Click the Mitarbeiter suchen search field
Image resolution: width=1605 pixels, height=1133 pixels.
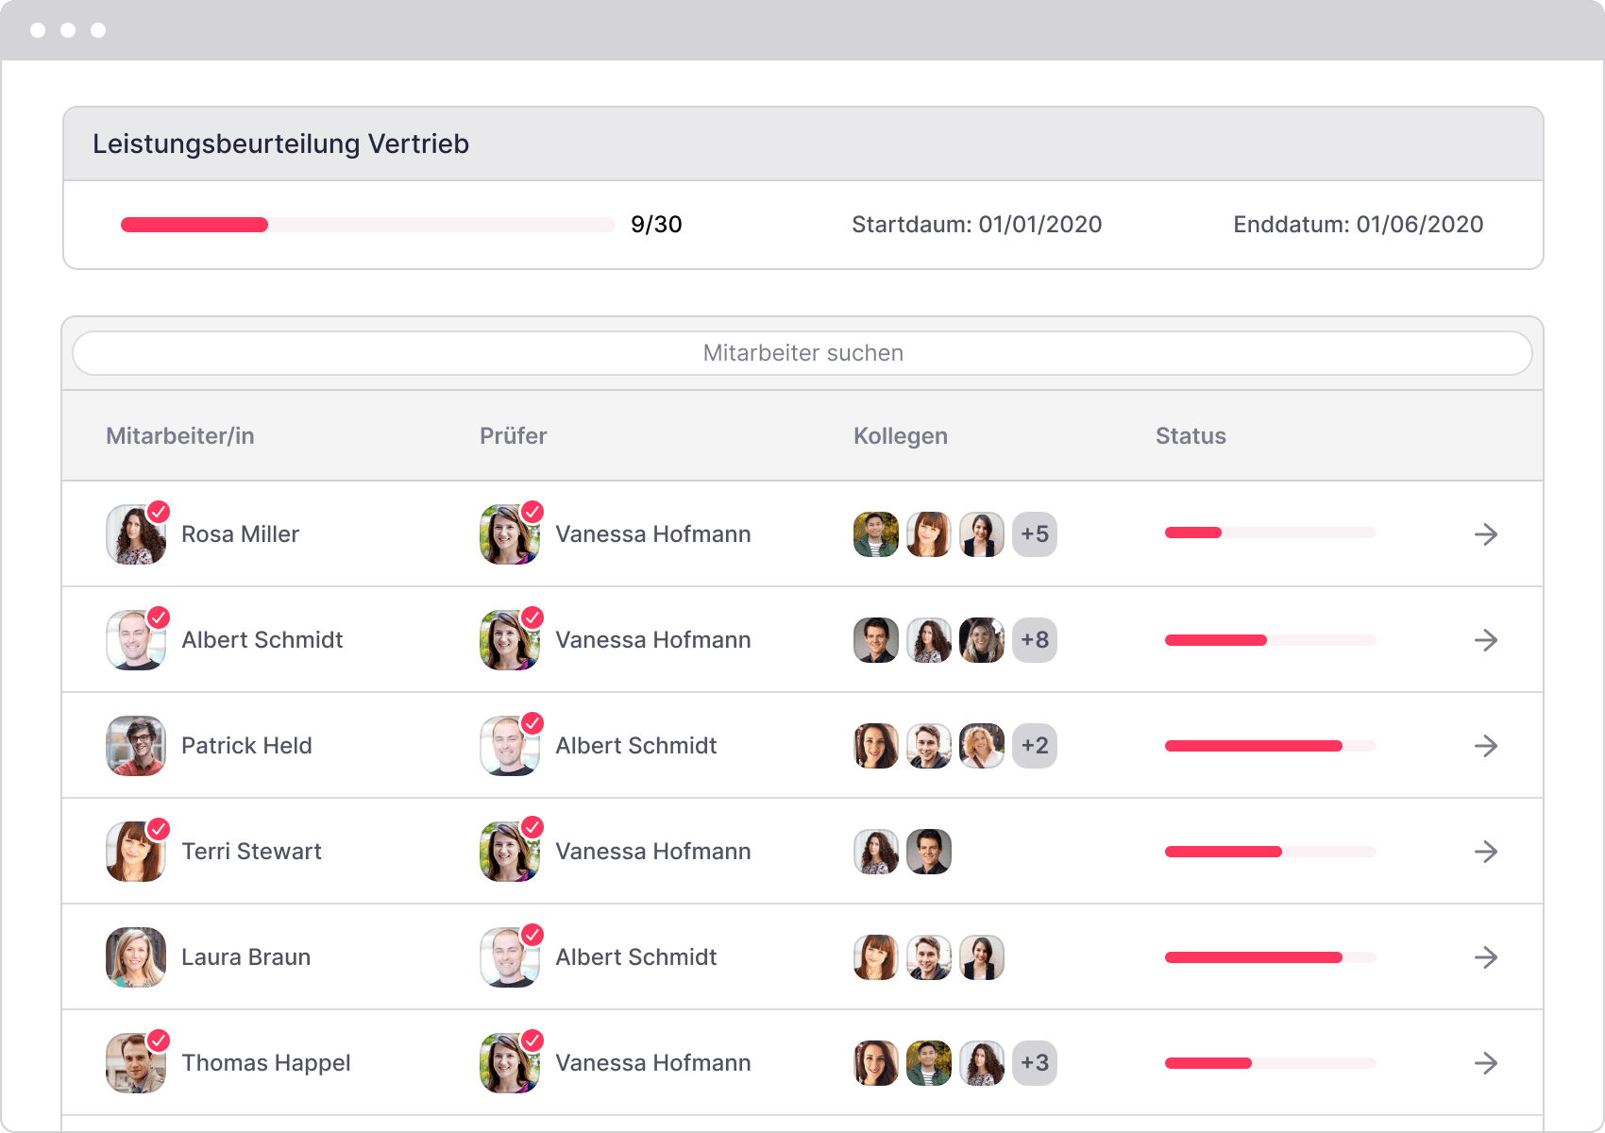tap(802, 353)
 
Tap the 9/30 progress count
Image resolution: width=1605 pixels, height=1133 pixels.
tap(656, 225)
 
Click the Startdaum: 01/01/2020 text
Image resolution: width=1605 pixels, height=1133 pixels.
tap(976, 225)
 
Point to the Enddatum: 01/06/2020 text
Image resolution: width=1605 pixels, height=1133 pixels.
tap(1358, 225)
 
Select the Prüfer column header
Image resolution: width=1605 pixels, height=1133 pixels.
tap(513, 436)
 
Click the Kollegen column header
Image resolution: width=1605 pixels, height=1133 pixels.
tap(900, 436)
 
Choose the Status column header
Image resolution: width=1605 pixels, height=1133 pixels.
tap(1191, 436)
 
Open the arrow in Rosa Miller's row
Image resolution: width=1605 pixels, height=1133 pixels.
tap(1486, 534)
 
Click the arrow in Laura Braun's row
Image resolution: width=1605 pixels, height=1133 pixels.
tap(1486, 957)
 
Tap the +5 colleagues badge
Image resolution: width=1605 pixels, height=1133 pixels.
tap(1035, 534)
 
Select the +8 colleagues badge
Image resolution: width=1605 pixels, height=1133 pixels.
tap(1035, 640)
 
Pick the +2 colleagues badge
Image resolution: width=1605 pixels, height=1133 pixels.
tap(1035, 746)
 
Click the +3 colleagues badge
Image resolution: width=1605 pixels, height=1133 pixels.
tap(1035, 1063)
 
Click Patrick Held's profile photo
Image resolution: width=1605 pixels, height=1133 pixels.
tap(136, 746)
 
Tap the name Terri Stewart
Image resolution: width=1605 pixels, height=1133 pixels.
tap(251, 852)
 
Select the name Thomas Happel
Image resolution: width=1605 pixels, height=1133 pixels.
tap(265, 1063)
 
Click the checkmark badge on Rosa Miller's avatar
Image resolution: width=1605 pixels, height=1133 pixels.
tap(159, 512)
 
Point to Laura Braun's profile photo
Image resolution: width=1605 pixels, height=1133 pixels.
tap(136, 957)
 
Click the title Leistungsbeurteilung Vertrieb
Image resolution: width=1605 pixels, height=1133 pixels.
tap(280, 144)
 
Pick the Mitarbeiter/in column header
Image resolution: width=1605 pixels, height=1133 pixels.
tap(179, 436)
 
